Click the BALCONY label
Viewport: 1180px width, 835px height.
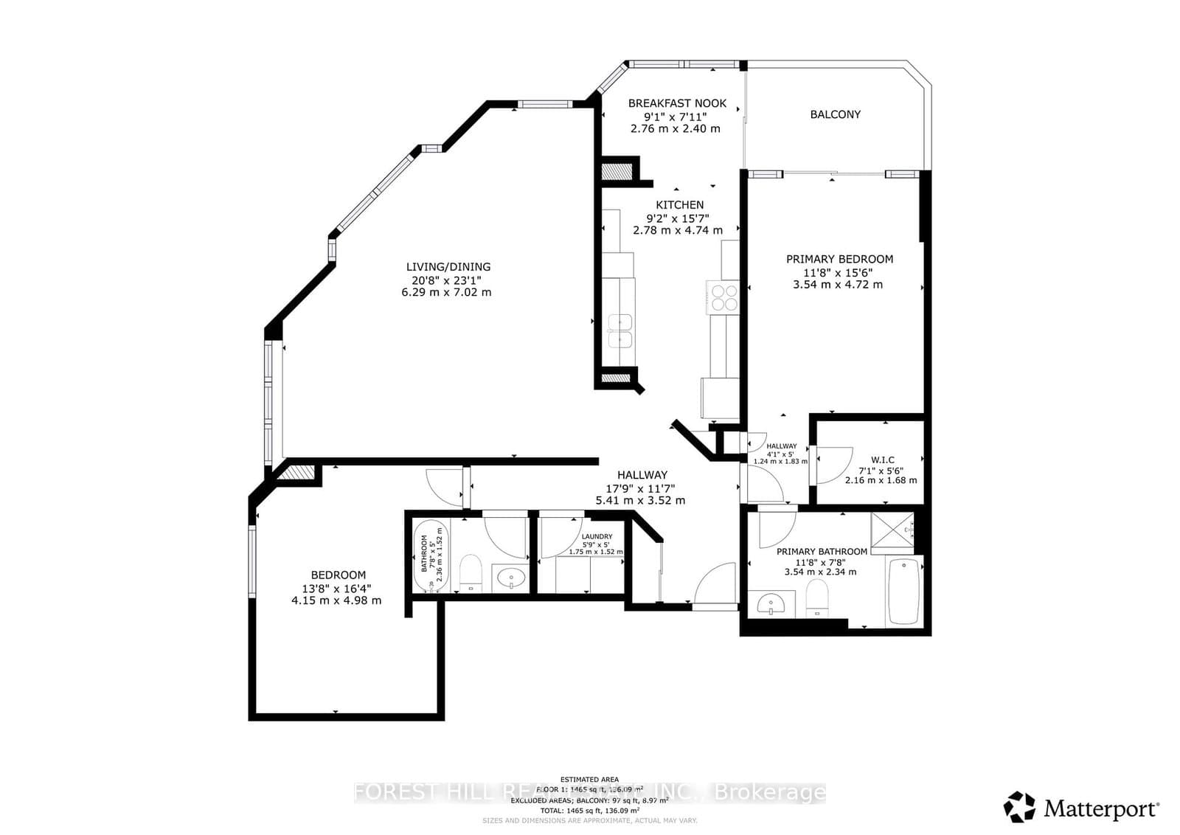pyautogui.click(x=835, y=114)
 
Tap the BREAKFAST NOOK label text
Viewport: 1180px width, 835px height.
pyautogui.click(x=677, y=103)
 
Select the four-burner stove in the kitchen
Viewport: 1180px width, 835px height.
pyautogui.click(x=723, y=297)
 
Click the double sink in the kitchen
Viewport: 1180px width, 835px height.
pyautogui.click(x=619, y=330)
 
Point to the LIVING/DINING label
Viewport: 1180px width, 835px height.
pyautogui.click(x=448, y=267)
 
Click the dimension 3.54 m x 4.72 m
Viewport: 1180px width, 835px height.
pyautogui.click(x=837, y=285)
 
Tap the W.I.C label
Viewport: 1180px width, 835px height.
pyautogui.click(x=882, y=460)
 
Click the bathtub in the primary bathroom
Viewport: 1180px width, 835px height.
pyautogui.click(x=904, y=592)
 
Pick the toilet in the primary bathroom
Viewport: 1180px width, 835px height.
pyautogui.click(x=816, y=597)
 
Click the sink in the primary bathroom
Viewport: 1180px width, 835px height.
pyautogui.click(x=771, y=604)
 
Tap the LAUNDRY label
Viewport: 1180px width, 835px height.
pyautogui.click(x=597, y=536)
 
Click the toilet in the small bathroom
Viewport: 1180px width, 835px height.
pyautogui.click(x=470, y=572)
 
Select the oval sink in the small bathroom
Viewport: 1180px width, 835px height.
pyautogui.click(x=510, y=578)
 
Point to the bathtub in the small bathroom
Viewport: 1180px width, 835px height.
pyautogui.click(x=430, y=557)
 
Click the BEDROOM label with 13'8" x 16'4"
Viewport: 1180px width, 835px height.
pyautogui.click(x=338, y=575)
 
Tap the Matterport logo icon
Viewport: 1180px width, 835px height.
pyautogui.click(x=1020, y=807)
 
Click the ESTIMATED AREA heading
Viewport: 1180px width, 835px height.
pyautogui.click(x=589, y=779)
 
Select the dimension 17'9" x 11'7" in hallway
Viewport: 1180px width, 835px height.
pyautogui.click(x=640, y=488)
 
